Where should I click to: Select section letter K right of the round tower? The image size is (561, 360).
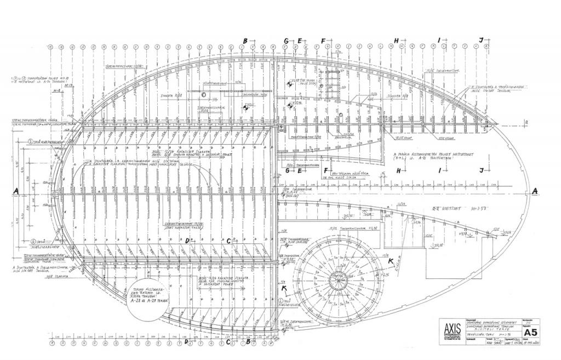click(390, 261)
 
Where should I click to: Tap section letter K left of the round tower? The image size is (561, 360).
click(284, 289)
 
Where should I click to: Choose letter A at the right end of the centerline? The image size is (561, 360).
click(535, 190)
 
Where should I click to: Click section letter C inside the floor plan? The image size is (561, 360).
click(228, 241)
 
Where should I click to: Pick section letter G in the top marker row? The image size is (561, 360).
click(286, 41)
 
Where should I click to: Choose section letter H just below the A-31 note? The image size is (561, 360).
click(399, 170)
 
